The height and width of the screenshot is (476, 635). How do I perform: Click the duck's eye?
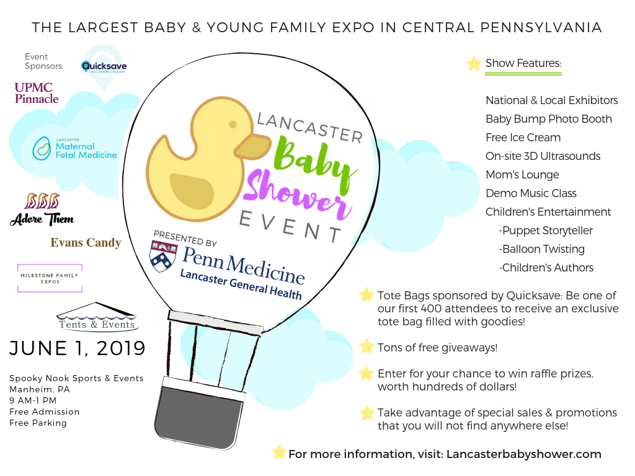click(x=233, y=124)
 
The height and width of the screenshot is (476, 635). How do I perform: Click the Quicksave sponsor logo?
click(x=104, y=67)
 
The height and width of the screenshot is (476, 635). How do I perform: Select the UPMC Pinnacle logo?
click(x=37, y=93)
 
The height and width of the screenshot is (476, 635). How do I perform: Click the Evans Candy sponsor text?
click(x=86, y=242)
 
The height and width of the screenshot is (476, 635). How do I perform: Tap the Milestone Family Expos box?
click(x=50, y=278)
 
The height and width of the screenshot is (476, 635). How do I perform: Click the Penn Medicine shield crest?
click(x=163, y=256)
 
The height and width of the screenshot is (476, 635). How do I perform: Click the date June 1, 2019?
click(x=78, y=348)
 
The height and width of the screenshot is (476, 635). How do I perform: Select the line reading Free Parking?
click(x=38, y=423)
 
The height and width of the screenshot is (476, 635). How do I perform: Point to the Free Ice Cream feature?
click(x=523, y=138)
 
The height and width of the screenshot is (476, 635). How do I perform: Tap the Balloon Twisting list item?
click(x=542, y=249)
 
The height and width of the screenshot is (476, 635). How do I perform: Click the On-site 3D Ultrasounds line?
click(x=543, y=156)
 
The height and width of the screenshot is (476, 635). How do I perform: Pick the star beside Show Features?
click(x=473, y=64)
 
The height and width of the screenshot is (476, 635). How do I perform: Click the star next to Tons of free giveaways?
click(x=366, y=346)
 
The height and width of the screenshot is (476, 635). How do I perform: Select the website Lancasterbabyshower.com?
click(x=523, y=454)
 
